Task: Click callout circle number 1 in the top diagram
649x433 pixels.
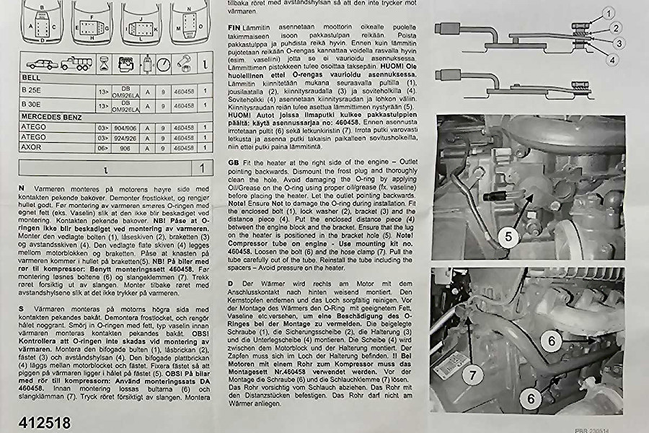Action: (608, 12)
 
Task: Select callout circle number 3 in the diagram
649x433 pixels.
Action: (618, 44)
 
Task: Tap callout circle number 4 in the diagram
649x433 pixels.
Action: (611, 60)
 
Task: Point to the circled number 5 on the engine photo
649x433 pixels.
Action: (509, 237)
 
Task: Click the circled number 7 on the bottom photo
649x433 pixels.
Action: (472, 375)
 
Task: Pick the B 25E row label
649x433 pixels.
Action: (33, 92)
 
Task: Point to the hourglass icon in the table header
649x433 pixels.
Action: (105, 63)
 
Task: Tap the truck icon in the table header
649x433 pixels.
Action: (76, 64)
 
